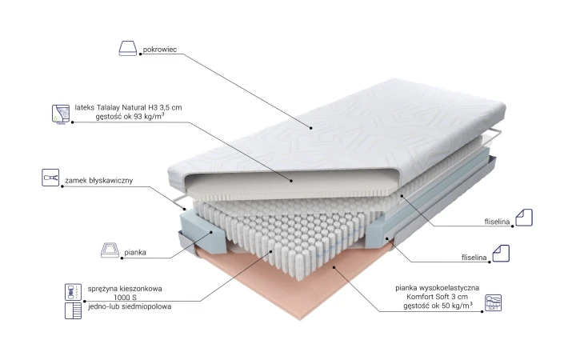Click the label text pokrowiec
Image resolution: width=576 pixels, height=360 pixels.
159,50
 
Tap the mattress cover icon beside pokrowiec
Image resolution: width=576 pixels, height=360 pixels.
128,48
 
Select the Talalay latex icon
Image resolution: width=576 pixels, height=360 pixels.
61,114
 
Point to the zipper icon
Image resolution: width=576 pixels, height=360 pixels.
50,178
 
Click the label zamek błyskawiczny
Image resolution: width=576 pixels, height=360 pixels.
99,180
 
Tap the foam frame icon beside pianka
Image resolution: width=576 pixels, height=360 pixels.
110,250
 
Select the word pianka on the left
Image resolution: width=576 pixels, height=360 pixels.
135,252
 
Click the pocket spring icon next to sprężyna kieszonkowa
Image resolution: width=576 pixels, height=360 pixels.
73,292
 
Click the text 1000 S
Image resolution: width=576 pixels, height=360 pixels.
125,298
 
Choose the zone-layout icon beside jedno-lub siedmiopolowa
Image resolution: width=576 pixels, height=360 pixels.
73,310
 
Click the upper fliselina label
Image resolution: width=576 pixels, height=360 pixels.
497,222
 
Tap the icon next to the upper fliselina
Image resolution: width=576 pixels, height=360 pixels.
524,218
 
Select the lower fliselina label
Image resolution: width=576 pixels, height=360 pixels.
474,258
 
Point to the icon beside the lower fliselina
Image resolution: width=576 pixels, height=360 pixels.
501,254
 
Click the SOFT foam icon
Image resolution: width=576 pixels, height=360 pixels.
493,302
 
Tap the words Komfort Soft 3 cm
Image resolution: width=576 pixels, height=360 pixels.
437,297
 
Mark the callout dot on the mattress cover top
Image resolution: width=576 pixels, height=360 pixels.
310,128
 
